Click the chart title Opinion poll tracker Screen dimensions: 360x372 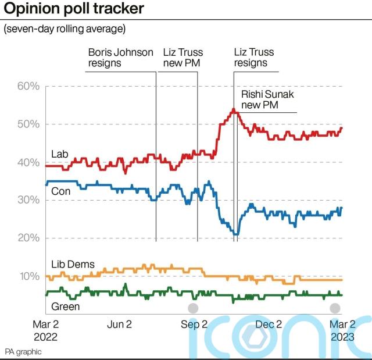[x=74, y=9]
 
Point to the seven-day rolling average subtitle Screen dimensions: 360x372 [x=65, y=28]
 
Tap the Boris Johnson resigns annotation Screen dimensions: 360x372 [x=120, y=57]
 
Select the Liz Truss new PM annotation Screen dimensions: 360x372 [x=183, y=57]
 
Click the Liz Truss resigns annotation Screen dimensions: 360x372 [x=253, y=57]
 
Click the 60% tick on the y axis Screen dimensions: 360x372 [x=27, y=87]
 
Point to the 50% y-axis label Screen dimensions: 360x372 [x=27, y=124]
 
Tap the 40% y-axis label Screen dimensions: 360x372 [x=27, y=162]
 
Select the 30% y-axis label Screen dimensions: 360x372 [x=27, y=200]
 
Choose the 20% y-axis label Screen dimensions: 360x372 [x=27, y=238]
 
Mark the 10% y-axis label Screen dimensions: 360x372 [x=27, y=276]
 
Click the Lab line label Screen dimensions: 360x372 [x=60, y=154]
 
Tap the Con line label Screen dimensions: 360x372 [x=61, y=191]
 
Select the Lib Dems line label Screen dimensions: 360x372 [x=73, y=265]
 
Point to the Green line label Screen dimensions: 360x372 [x=66, y=306]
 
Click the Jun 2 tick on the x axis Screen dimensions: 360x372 [x=119, y=325]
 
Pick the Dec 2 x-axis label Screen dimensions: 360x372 [x=269, y=325]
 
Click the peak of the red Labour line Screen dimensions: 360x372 [x=233, y=109]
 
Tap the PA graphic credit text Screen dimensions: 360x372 [x=23, y=352]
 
